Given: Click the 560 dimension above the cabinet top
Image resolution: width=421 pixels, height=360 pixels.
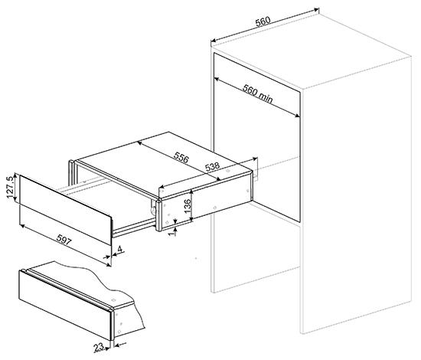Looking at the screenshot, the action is [x=263, y=21].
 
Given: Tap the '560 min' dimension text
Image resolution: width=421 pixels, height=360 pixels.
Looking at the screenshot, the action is [x=257, y=93].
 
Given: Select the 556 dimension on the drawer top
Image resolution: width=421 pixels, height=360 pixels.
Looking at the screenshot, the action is [x=181, y=157].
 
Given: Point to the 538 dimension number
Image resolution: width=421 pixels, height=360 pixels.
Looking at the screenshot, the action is [x=212, y=166].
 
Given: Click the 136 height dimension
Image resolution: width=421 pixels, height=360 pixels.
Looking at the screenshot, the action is [x=188, y=206].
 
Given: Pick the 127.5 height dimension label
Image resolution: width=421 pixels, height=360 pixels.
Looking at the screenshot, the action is [x=10, y=187].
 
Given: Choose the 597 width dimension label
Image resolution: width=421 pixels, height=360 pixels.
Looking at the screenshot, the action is [x=64, y=240].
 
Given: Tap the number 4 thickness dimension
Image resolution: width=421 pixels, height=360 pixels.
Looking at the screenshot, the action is [x=119, y=249].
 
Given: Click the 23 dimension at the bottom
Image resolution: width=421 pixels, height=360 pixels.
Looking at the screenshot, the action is [x=99, y=348].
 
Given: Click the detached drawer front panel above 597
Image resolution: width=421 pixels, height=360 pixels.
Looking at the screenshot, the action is [x=65, y=209].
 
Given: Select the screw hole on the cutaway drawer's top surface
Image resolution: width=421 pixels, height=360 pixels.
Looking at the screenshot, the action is [x=113, y=299].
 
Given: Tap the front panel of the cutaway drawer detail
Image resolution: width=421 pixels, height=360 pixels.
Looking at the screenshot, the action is [x=65, y=305].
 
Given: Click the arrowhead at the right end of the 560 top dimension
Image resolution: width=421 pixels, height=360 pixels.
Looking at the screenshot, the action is [x=316, y=10].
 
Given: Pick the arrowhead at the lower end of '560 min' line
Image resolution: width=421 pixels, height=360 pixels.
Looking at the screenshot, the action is [x=297, y=116].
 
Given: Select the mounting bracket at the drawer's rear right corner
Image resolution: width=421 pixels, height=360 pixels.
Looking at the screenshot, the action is [x=255, y=169].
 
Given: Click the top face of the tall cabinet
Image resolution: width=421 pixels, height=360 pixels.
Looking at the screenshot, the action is [x=311, y=51].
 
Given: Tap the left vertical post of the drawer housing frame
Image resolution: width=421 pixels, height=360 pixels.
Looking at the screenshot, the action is [x=71, y=173].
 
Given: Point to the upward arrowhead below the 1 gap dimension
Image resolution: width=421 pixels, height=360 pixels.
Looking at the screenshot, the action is [x=175, y=229].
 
